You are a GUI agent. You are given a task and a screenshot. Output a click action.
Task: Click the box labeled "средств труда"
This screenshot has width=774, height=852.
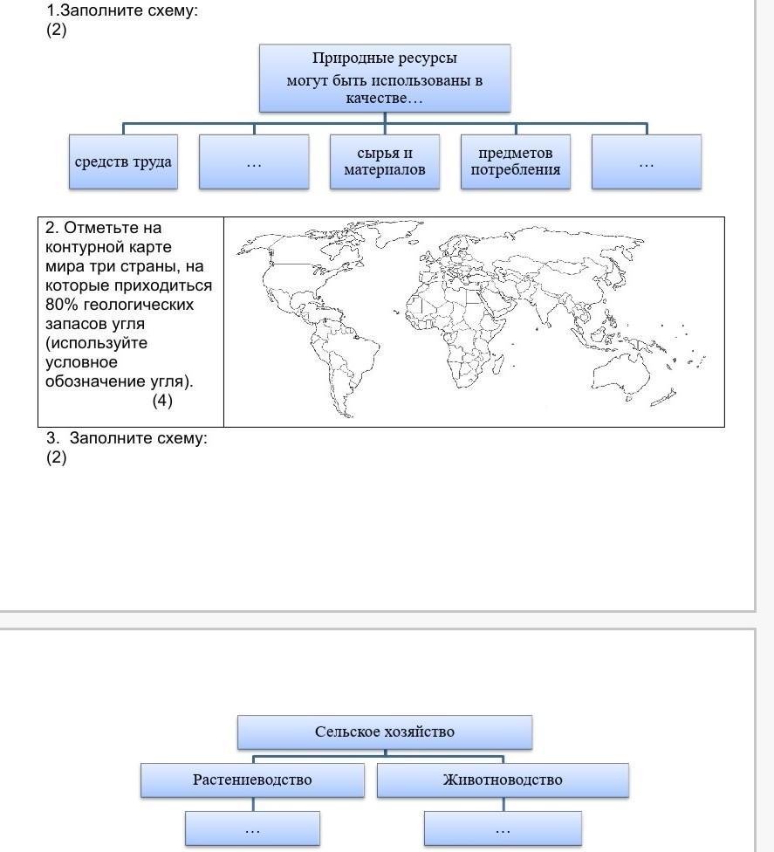point(123,161)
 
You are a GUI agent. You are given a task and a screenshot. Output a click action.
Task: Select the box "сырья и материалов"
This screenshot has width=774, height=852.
point(385,161)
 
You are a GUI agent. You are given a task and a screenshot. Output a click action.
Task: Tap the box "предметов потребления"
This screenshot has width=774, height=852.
point(516,161)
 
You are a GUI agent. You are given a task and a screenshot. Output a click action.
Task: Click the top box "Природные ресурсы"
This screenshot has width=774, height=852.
point(385,79)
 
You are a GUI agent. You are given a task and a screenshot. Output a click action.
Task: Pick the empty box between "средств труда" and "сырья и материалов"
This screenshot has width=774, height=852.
point(254,161)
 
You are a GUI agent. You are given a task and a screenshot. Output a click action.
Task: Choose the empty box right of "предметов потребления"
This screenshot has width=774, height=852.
point(647,161)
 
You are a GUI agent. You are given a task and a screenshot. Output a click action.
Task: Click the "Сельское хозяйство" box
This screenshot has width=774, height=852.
point(385,732)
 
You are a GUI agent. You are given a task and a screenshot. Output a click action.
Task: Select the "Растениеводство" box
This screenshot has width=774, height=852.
point(252,780)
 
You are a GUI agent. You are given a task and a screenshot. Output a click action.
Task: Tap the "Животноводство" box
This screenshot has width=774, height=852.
point(503,780)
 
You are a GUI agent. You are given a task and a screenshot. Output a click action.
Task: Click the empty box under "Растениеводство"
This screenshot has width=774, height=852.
point(252,828)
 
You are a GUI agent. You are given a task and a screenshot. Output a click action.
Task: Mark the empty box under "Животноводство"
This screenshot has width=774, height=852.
point(503,828)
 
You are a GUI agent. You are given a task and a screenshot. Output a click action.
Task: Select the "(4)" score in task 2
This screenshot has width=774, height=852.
point(162,401)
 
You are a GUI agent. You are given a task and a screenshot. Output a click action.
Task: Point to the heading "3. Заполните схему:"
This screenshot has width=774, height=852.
point(127,438)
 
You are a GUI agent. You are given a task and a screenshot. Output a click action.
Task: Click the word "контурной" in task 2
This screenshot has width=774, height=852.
point(84,247)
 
